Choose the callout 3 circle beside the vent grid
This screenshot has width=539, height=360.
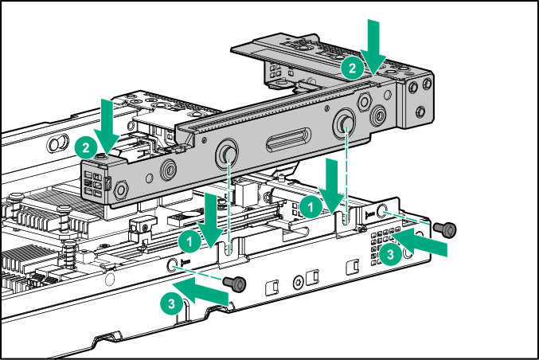[x=389, y=255]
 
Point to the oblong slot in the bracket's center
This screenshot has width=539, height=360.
[x=287, y=144]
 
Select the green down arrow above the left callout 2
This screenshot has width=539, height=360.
[x=107, y=119]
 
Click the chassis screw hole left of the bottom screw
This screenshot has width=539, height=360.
[x=174, y=265]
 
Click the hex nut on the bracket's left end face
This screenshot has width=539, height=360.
[x=122, y=190]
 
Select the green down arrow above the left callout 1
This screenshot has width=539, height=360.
[x=211, y=217]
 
